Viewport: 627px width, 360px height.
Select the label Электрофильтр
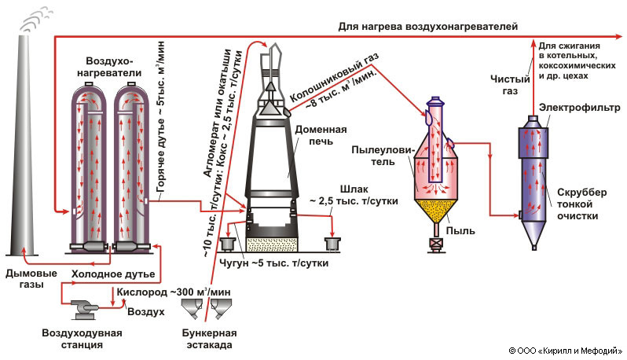[x=572, y=106]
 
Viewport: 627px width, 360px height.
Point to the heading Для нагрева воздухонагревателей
[x=428, y=26]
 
